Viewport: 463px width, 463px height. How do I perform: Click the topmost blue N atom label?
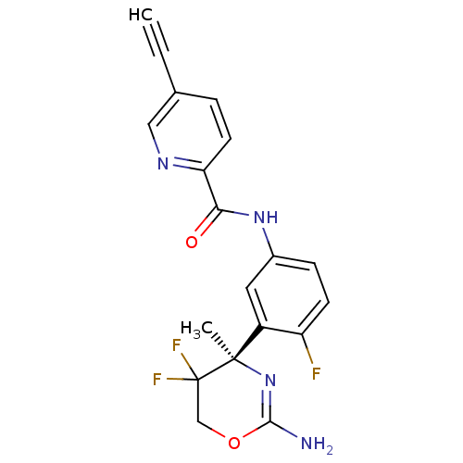tap(163, 164)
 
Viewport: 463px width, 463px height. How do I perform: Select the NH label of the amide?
tap(265, 218)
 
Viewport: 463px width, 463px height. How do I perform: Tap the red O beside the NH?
tap(192, 243)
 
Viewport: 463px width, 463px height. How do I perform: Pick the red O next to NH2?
tap(234, 443)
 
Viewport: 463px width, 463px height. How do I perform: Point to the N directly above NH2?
tap(269, 380)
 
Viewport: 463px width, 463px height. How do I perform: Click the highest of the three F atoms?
tap(176, 345)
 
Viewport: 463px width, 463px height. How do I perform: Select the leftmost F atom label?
tap(157, 379)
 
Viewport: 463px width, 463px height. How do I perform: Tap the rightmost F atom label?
tap(316, 374)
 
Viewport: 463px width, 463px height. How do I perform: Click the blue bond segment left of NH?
tap(242, 214)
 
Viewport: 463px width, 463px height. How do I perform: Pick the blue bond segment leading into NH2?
tap(289, 432)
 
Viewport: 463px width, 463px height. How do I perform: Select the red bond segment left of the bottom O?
tap(218, 434)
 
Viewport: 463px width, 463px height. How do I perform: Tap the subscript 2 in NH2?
tap(329, 451)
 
